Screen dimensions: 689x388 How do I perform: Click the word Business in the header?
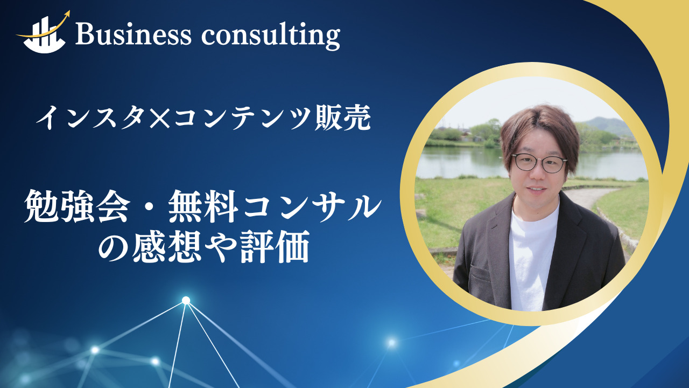tap(133, 35)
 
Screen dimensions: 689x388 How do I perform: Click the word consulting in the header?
tap(271, 36)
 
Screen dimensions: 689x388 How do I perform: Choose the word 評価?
tap(275, 247)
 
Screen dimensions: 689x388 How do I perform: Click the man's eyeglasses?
tap(539, 162)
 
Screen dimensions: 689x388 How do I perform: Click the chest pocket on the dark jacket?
tap(479, 275)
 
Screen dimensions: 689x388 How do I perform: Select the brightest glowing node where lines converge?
tap(186, 300)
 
